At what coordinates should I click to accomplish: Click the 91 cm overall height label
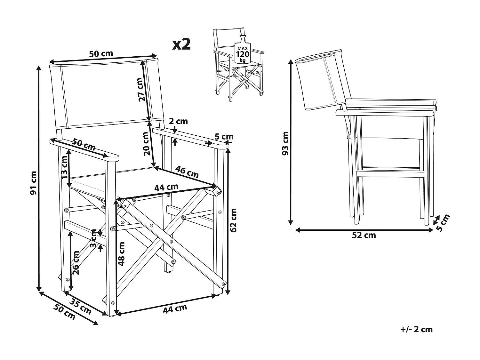(x=34, y=183)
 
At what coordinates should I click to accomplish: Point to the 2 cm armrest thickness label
(x=178, y=121)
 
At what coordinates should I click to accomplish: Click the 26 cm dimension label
(x=76, y=262)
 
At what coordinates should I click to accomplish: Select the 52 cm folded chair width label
(x=364, y=235)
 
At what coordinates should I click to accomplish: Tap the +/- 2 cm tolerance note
(x=416, y=329)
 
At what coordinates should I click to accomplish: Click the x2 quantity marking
(x=181, y=44)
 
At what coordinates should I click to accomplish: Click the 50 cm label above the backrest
(x=101, y=53)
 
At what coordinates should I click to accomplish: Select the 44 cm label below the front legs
(x=175, y=308)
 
